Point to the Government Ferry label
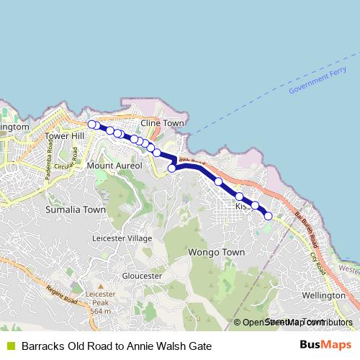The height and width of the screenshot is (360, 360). (318, 83)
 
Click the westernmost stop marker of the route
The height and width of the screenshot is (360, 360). (92, 125)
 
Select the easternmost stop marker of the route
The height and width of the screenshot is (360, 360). (269, 215)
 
